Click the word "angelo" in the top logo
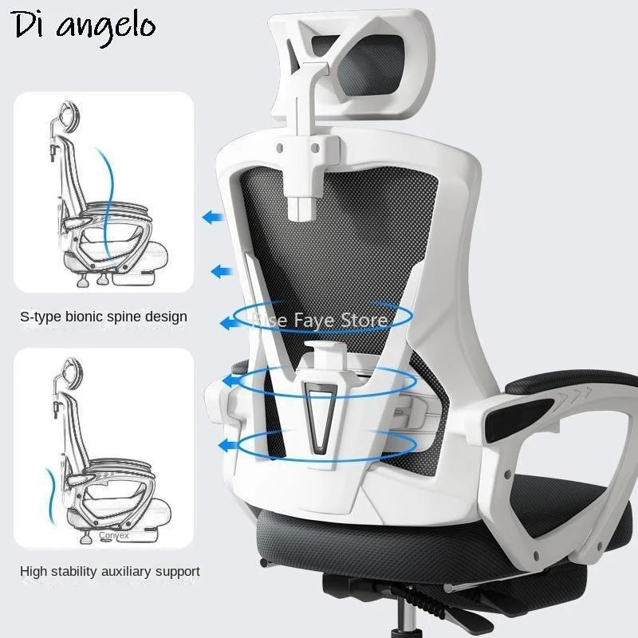(104, 26)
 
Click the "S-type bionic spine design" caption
(104, 317)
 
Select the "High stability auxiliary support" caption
(110, 571)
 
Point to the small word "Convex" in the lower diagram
(114, 536)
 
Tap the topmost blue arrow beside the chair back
(212, 217)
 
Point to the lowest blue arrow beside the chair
(231, 445)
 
